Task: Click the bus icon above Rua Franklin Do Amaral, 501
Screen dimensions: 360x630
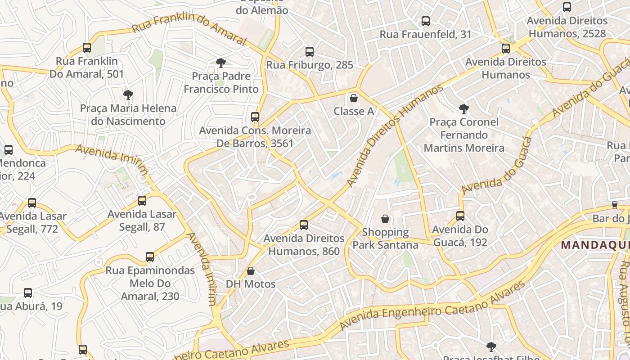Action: [x=87, y=47]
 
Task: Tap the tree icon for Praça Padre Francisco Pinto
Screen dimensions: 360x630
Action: [x=220, y=63]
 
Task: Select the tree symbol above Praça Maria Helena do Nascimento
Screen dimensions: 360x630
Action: [x=128, y=94]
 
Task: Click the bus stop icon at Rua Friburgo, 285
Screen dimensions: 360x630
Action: [x=310, y=51]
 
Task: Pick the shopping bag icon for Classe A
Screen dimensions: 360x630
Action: [x=354, y=98]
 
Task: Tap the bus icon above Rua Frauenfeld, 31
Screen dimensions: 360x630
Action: [x=425, y=21]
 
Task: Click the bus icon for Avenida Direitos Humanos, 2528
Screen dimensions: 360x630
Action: [x=567, y=7]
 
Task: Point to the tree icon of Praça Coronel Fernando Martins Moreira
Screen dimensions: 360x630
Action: [x=463, y=108]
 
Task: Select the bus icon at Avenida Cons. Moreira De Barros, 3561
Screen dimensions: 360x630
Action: [x=255, y=117]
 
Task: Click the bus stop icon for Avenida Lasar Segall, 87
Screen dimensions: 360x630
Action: [x=142, y=201]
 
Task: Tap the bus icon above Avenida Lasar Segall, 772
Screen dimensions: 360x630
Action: [x=32, y=202]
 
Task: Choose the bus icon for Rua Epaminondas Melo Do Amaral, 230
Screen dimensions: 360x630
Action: [x=150, y=257]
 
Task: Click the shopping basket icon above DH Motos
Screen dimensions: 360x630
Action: [x=251, y=271]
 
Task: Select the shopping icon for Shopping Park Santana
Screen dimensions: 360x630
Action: [x=385, y=219]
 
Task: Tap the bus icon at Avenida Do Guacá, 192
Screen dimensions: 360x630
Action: [x=460, y=216]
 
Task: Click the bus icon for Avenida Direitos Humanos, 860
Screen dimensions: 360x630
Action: [x=304, y=225]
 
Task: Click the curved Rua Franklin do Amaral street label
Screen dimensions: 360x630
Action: [x=189, y=30]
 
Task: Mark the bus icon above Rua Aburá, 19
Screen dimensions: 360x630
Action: [x=28, y=293]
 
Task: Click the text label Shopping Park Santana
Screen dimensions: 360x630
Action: [x=385, y=238]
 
